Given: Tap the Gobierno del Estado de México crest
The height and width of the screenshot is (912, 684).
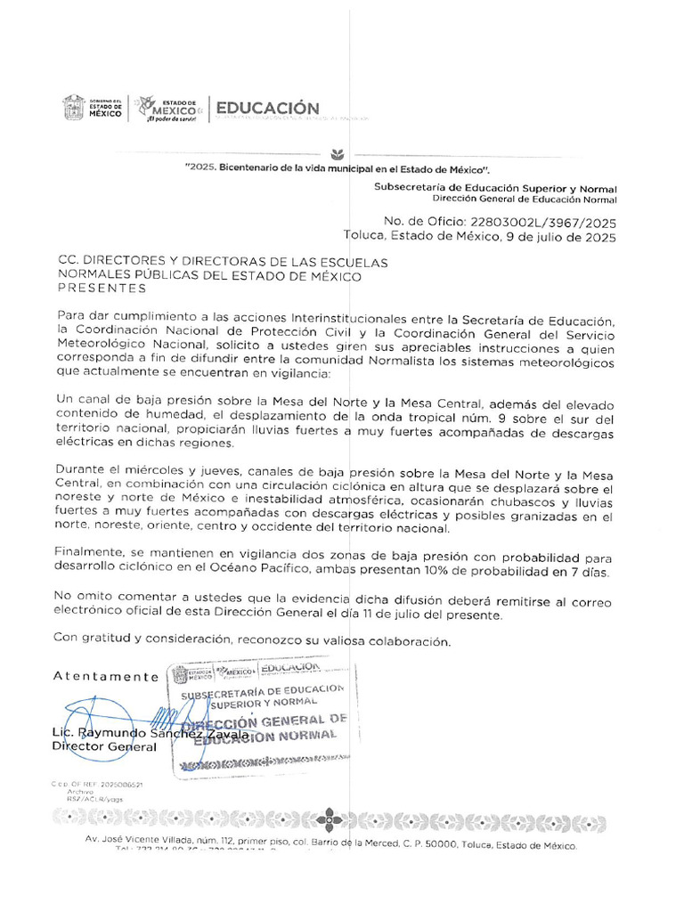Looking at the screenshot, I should point(73,108).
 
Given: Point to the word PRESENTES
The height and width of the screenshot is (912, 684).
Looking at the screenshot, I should point(102,289).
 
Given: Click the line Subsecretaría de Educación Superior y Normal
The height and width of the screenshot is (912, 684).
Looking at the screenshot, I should point(495,189).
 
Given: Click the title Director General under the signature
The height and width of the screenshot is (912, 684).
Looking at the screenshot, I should point(104,747).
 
